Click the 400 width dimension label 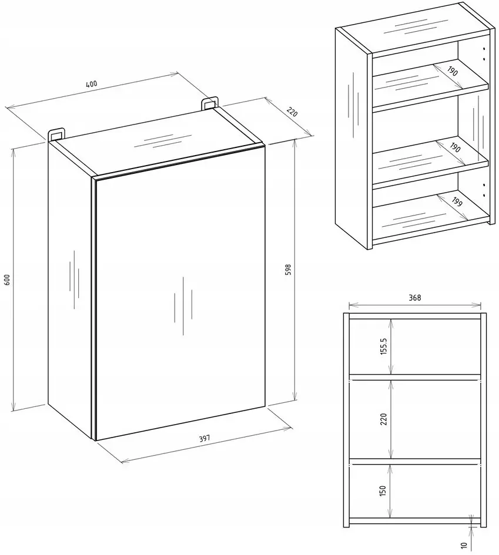coord(91,84)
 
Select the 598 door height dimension coord(288,270)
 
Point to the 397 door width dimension coord(205,438)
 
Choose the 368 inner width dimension coord(415,298)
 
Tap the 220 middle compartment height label coord(384,419)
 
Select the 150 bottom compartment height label coord(383,490)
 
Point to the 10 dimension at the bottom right coord(464,545)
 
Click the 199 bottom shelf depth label coord(457,202)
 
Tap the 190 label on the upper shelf coord(452,71)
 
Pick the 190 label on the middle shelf coord(455,147)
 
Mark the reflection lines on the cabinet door coord(183,306)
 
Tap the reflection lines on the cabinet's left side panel coord(74,280)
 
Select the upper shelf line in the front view coord(415,377)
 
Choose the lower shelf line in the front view coord(415,461)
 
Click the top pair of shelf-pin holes coord(484,53)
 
